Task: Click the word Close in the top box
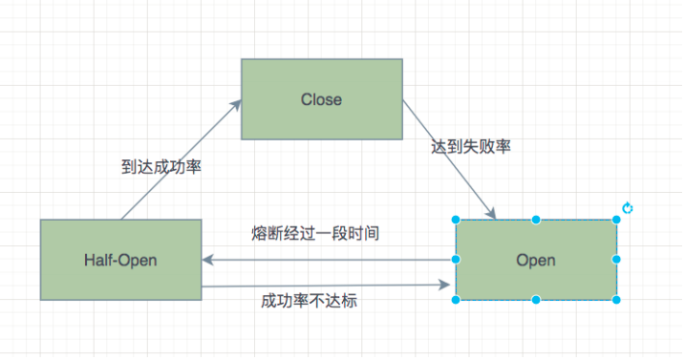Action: click(x=321, y=100)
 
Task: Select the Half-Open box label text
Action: click(x=121, y=260)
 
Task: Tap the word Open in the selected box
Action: click(x=536, y=260)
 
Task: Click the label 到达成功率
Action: click(x=161, y=166)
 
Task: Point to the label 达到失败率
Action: click(x=471, y=146)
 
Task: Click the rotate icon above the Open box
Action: click(x=628, y=208)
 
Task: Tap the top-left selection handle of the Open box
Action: click(x=456, y=220)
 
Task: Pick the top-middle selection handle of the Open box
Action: click(x=536, y=220)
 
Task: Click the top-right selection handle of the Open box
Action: click(x=616, y=220)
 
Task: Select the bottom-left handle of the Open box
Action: click(x=456, y=300)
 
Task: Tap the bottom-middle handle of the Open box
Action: click(x=536, y=300)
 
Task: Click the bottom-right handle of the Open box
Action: click(x=616, y=300)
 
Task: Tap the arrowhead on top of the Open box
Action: click(x=492, y=214)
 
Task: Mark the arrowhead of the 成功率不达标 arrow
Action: click(x=447, y=284)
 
